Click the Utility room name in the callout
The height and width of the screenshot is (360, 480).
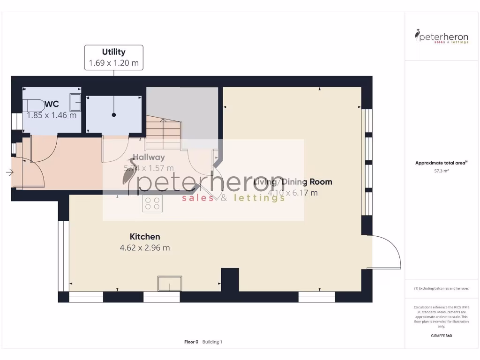coord(113,52)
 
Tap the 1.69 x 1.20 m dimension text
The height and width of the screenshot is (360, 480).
coord(113,63)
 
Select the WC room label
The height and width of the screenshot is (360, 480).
coord(52,104)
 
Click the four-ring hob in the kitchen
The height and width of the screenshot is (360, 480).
coord(152,203)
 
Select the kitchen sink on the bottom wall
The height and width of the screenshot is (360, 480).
coord(169,284)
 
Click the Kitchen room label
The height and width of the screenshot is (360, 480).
coord(145,237)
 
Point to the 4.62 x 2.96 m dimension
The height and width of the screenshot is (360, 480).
coord(145,247)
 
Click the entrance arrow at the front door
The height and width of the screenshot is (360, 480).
coord(9,172)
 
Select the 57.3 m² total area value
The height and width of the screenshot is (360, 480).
coord(441,172)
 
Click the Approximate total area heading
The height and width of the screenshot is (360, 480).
coord(441,163)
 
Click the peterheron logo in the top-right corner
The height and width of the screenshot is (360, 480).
coord(442,37)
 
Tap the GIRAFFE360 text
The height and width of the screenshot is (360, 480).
coord(441,336)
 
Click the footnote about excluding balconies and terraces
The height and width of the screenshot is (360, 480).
coord(441,288)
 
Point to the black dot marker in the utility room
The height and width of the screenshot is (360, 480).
coord(113,115)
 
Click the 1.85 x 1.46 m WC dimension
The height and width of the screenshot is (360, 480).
coord(52,115)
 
